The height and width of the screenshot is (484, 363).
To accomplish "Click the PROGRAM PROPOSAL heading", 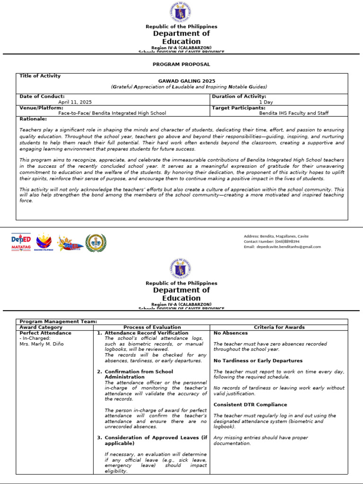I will pos(181,64).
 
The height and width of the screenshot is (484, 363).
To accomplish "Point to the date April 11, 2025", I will pos(75,102).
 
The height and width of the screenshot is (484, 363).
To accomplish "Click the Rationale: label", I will pos(33,119).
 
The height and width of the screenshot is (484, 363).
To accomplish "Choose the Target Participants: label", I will pos(239,108).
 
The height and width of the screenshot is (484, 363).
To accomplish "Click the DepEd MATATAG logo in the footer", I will pos(21,242).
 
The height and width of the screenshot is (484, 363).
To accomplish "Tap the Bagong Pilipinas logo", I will pos(44,242).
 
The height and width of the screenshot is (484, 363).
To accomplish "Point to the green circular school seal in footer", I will pos(96,242).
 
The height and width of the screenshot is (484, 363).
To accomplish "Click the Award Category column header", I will pos(41,327).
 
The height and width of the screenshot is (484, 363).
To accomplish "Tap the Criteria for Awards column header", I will pos(279,327).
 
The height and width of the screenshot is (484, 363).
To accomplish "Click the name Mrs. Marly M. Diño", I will pos(41,344).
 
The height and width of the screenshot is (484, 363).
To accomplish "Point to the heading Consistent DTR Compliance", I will pos(250,405).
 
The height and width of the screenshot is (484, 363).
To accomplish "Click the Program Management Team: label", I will pos(58,321).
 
